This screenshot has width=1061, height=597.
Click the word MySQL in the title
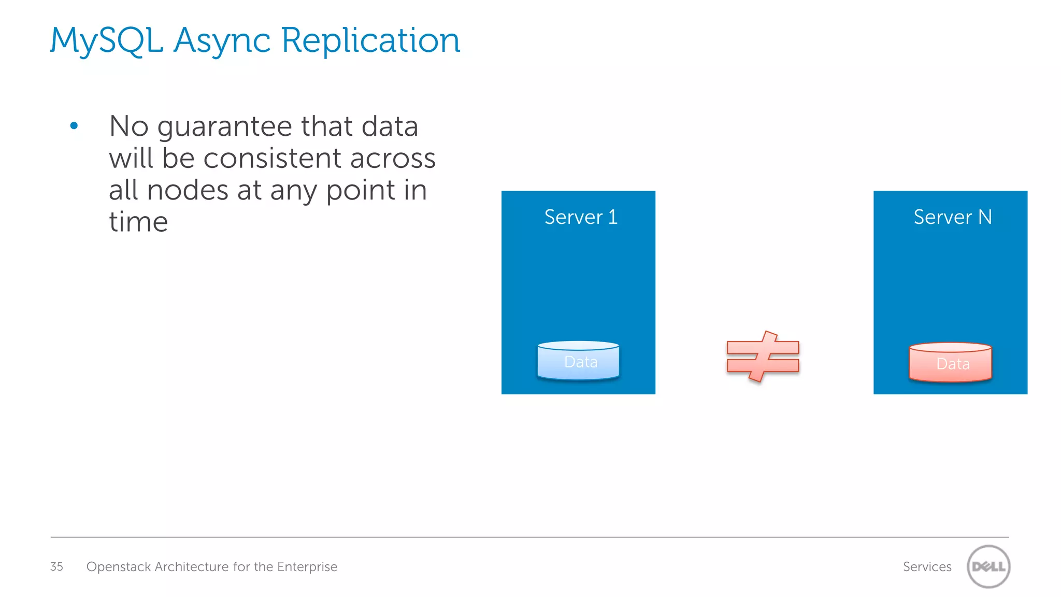pyautogui.click(x=106, y=40)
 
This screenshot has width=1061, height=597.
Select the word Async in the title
pyautogui.click(x=222, y=40)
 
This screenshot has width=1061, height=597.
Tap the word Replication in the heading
pyautogui.click(x=371, y=40)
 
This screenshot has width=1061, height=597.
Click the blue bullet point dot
pyautogui.click(x=74, y=125)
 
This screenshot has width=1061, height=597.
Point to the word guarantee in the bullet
pyautogui.click(x=224, y=127)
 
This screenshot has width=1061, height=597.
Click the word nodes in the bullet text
pyautogui.click(x=188, y=190)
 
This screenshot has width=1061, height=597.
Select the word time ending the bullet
pyautogui.click(x=138, y=222)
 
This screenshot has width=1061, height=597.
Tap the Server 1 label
pyautogui.click(x=581, y=217)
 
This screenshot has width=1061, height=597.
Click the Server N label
pyautogui.click(x=952, y=217)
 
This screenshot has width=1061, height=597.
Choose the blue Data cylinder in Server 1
pyautogui.click(x=578, y=361)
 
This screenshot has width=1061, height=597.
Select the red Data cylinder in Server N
pyautogui.click(x=950, y=363)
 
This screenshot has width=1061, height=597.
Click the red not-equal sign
pyautogui.click(x=763, y=357)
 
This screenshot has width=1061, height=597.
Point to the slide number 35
pyautogui.click(x=56, y=566)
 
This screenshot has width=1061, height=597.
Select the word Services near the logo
pyautogui.click(x=927, y=566)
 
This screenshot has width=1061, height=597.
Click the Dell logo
pyautogui.click(x=988, y=566)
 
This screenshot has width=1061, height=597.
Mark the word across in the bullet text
pyautogui.click(x=393, y=158)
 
